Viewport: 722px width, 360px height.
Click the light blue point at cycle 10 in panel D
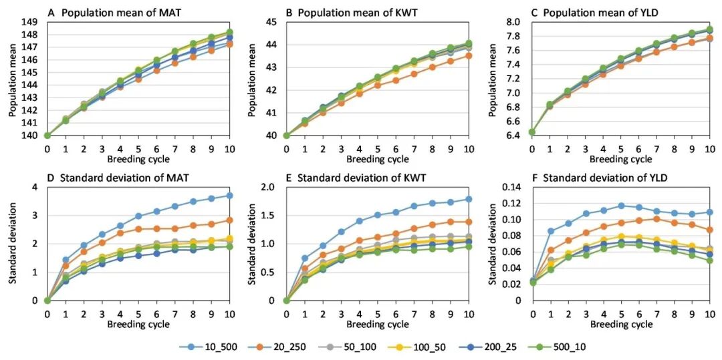pos(229,196)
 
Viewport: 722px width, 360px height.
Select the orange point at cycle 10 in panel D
pos(229,220)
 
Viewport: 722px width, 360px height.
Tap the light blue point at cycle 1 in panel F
pos(550,231)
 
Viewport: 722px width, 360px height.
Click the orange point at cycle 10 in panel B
pos(469,55)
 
